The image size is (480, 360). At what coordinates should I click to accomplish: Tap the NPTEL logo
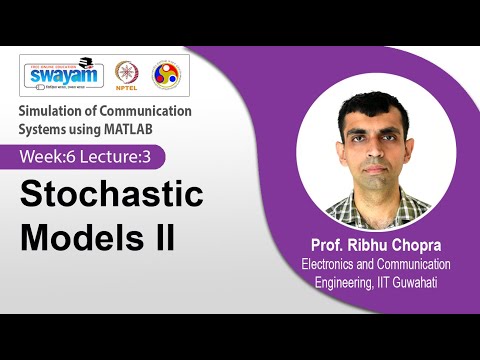click(x=128, y=75)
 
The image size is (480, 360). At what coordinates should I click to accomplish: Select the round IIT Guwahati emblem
click(x=166, y=75)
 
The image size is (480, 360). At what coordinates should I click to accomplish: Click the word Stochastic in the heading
click(x=112, y=193)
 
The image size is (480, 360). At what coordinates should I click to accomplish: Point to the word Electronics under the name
click(x=331, y=265)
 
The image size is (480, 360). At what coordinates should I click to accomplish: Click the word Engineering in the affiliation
click(x=337, y=282)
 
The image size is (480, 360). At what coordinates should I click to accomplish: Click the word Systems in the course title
click(x=44, y=128)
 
